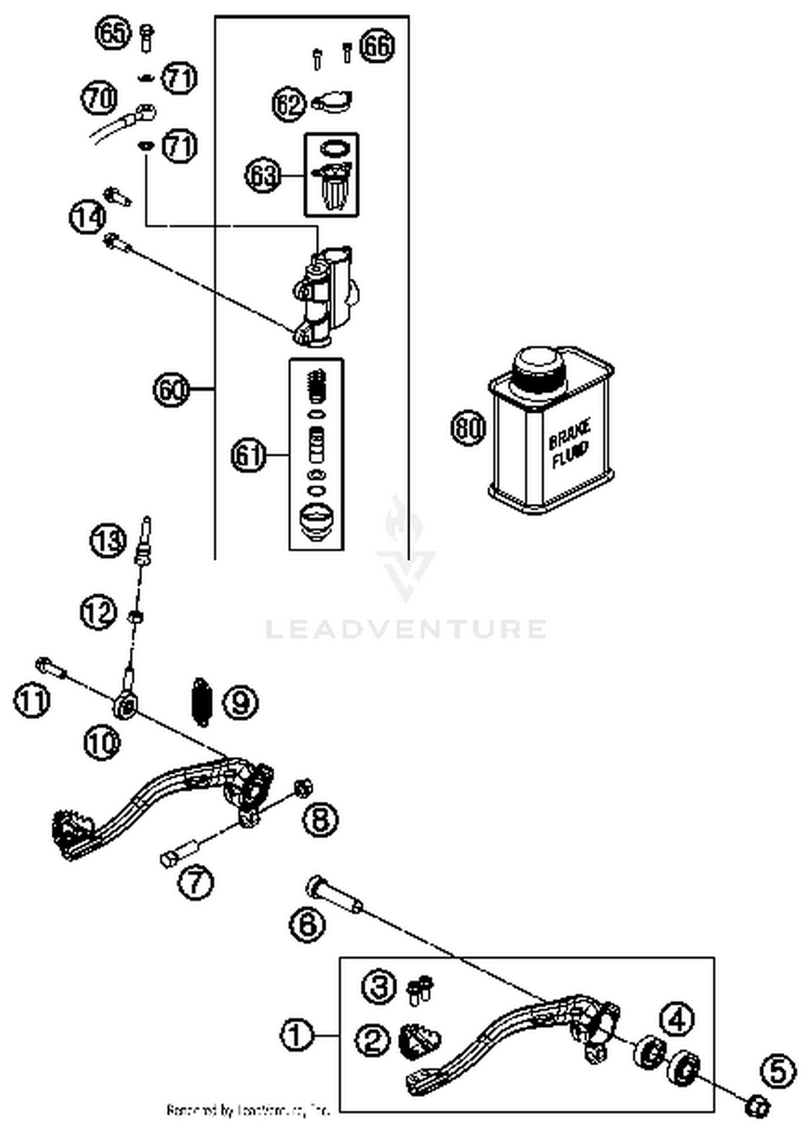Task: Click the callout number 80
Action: pyautogui.click(x=468, y=428)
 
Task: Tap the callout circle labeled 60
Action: pyautogui.click(x=171, y=389)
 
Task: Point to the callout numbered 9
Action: pyautogui.click(x=240, y=702)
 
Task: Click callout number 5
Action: pyautogui.click(x=778, y=1071)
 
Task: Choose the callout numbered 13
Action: pyautogui.click(x=108, y=540)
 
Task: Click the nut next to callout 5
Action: pyautogui.click(x=757, y=1106)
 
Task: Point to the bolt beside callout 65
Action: pyautogui.click(x=146, y=38)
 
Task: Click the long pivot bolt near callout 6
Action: pyautogui.click(x=333, y=894)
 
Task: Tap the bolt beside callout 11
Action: pyautogui.click(x=50, y=667)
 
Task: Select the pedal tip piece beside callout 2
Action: pyautogui.click(x=419, y=1041)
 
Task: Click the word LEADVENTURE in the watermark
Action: pyautogui.click(x=405, y=629)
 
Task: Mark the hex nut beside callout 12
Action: pyautogui.click(x=135, y=616)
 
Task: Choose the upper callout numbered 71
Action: pyautogui.click(x=180, y=78)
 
